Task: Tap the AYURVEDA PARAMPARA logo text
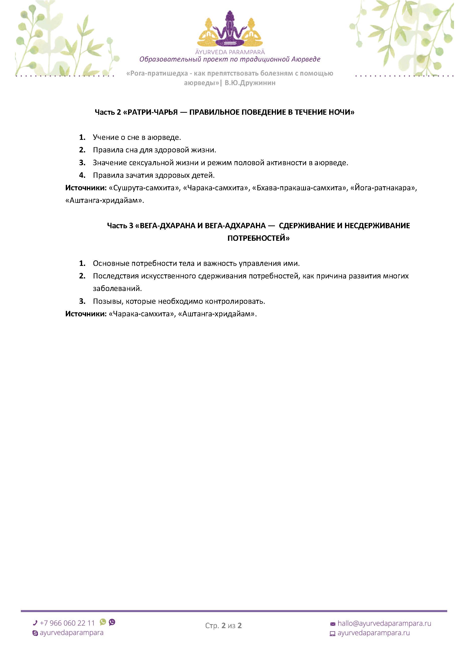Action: (x=230, y=52)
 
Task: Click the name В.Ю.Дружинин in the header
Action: (x=250, y=83)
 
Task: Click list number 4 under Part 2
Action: (x=82, y=175)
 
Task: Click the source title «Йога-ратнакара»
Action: (x=383, y=188)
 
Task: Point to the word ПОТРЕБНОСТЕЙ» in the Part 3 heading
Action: (x=258, y=238)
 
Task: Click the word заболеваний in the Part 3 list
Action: (x=117, y=289)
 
